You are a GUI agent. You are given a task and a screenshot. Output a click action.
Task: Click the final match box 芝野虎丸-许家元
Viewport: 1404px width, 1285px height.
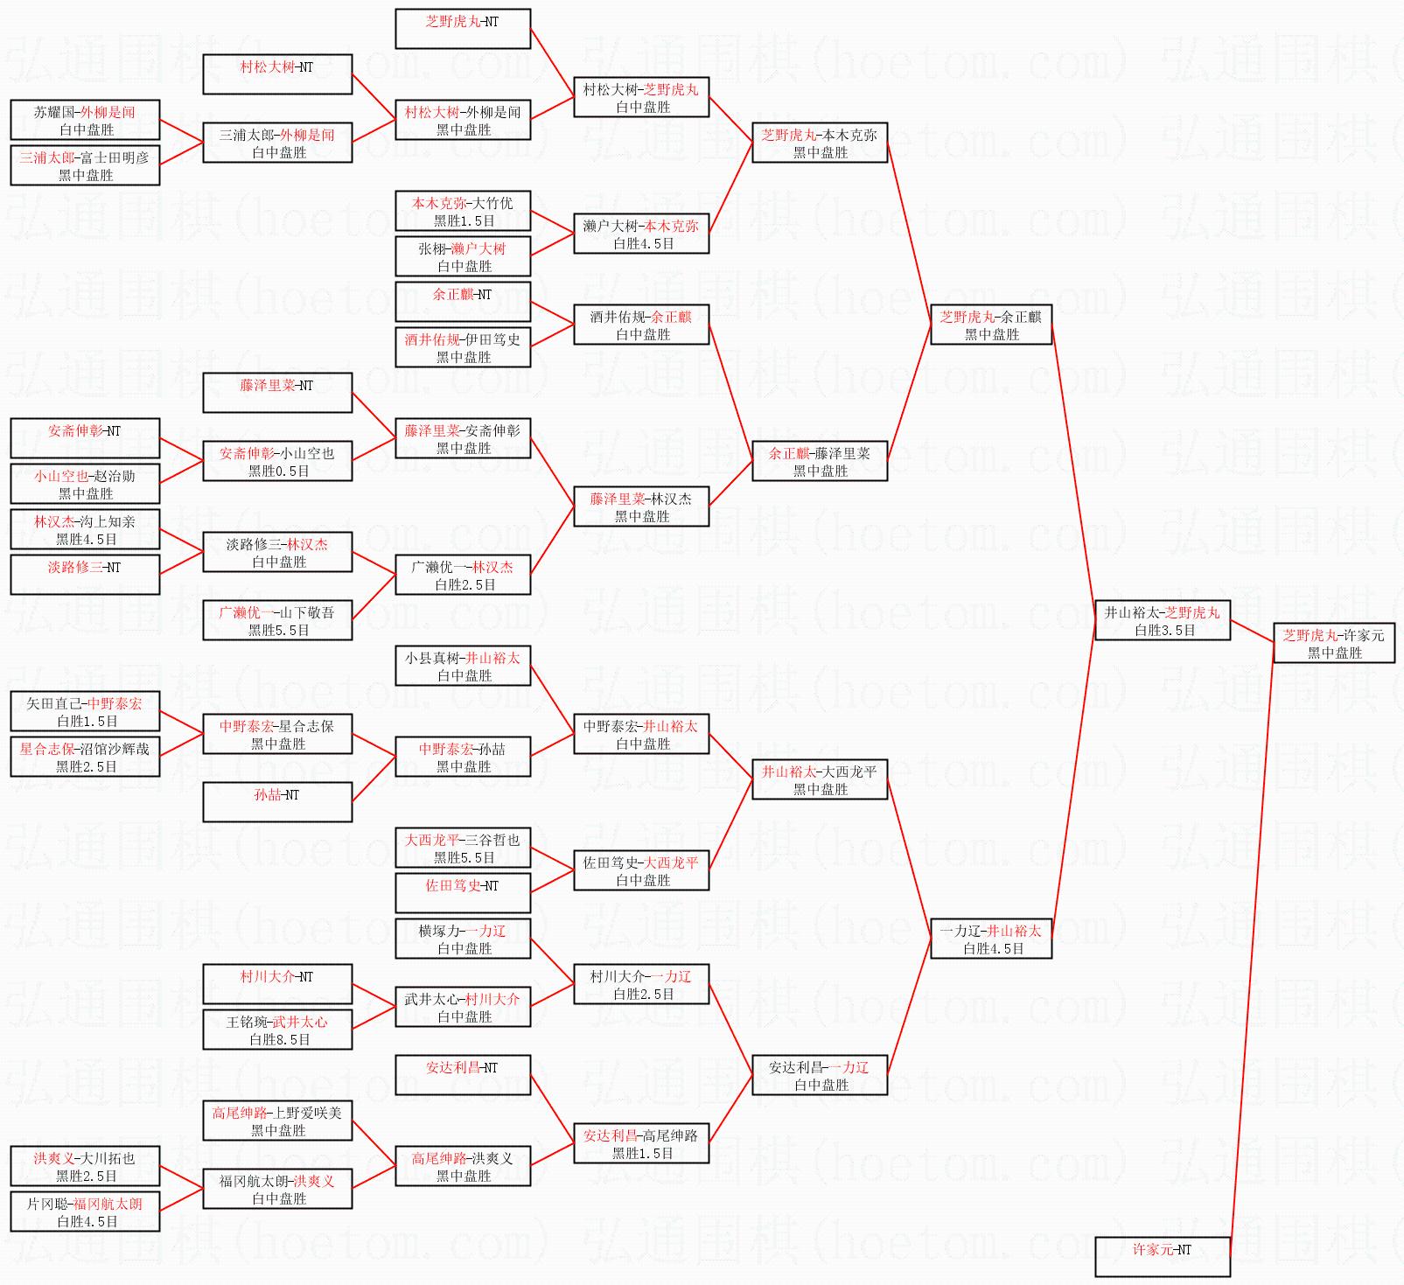[x=1333, y=643]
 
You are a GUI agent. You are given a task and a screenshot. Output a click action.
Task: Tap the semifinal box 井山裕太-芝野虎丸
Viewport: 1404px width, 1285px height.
[x=1163, y=620]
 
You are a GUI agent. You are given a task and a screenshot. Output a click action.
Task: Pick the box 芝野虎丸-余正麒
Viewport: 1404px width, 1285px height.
[x=991, y=325]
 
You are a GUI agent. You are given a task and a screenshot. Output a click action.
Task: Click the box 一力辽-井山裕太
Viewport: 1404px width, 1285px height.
[x=991, y=939]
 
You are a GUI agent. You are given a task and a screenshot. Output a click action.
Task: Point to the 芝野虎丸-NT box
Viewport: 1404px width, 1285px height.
[x=463, y=29]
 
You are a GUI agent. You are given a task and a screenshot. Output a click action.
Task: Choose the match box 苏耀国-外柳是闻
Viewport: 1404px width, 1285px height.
[x=85, y=120]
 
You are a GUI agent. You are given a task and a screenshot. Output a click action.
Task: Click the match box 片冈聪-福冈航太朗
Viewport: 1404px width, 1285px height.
[x=85, y=1212]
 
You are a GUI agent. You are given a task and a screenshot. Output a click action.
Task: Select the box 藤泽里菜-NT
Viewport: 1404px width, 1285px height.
[x=277, y=393]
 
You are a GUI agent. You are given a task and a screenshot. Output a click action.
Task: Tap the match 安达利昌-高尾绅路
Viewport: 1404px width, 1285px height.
[x=641, y=1143]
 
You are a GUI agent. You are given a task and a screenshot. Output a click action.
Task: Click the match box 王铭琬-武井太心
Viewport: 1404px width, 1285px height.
[x=277, y=1030]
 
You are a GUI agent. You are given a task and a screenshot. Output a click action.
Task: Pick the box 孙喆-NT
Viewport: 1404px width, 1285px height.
[x=277, y=802]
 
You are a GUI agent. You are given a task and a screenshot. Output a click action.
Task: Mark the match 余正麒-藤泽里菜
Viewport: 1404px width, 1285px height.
[x=820, y=461]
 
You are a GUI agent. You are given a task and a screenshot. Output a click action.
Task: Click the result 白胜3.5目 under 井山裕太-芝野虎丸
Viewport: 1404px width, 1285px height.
[x=1164, y=630]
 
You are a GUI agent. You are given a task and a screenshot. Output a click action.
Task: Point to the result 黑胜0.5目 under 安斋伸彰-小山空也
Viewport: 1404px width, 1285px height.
[x=279, y=471]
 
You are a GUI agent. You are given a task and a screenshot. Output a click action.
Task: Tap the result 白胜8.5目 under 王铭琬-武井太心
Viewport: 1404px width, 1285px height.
[x=279, y=1039]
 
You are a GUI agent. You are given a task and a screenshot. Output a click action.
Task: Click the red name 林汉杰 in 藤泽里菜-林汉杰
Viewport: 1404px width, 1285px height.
[x=671, y=499]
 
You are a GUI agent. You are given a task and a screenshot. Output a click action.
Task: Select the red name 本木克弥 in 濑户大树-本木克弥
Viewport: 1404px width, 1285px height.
[x=672, y=226]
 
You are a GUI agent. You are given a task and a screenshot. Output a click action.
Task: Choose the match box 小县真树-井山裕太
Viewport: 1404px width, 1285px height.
[x=463, y=666]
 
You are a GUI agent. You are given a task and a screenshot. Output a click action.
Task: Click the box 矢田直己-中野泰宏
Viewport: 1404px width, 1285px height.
[x=85, y=711]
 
